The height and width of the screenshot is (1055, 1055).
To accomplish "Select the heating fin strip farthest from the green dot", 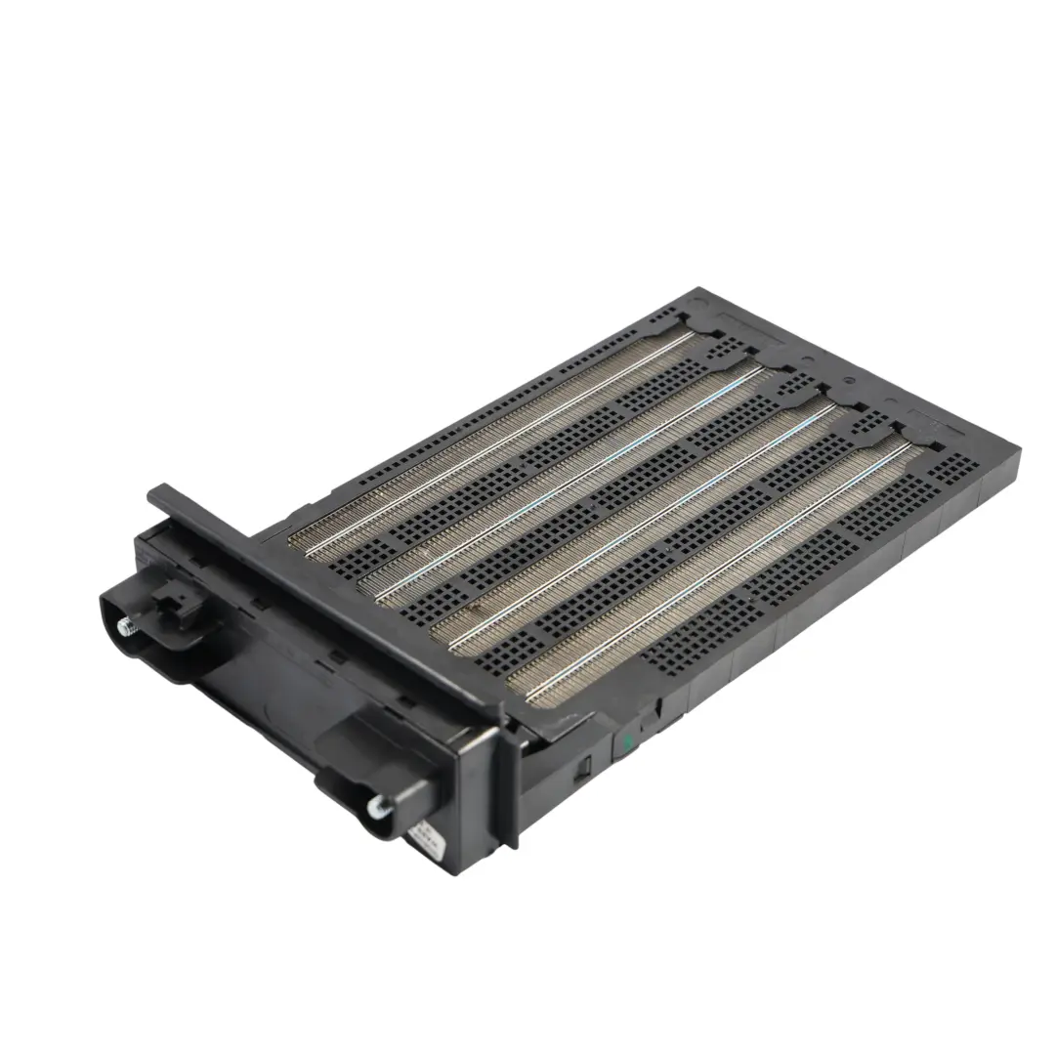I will pos(498,440).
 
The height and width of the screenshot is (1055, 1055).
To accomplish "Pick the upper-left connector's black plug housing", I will pos(156,630).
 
